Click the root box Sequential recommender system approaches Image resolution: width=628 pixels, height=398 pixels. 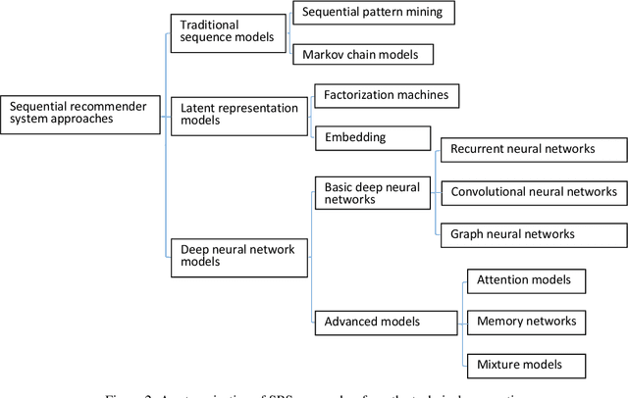tap(79, 114)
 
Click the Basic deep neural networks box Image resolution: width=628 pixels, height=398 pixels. tap(371, 192)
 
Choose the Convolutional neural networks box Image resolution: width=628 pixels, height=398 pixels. tap(533, 192)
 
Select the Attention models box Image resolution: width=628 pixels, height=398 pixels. tap(524, 280)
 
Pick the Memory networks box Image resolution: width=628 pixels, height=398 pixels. tap(524, 321)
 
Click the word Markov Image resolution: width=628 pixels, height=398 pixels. tap(323, 55)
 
